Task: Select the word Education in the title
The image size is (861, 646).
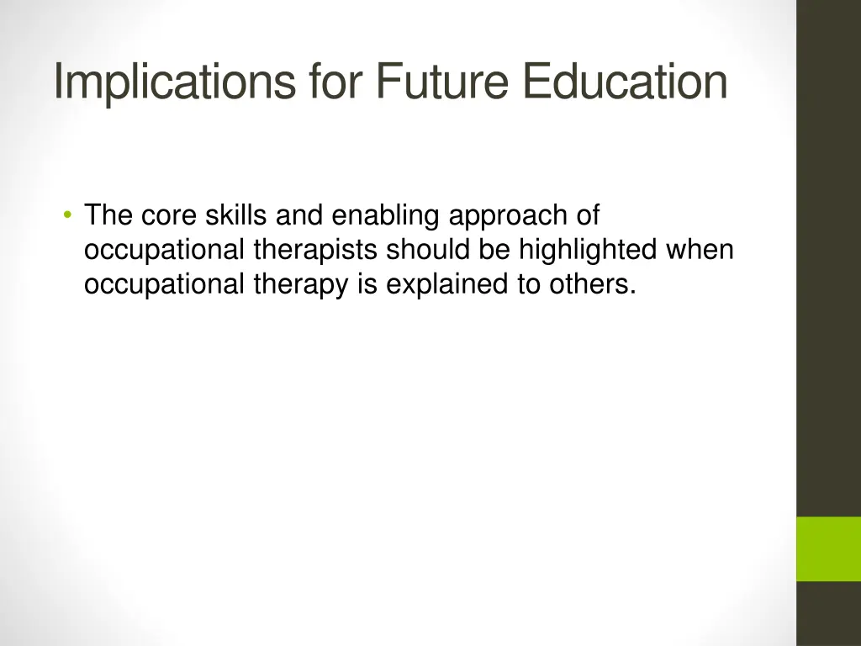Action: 623,82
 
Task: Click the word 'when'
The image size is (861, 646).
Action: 703,251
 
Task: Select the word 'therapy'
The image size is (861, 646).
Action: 302,285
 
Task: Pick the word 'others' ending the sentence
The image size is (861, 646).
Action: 591,285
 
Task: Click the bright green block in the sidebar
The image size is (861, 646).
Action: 828,548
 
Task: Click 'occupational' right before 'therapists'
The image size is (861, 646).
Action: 165,251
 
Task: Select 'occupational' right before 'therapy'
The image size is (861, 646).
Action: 165,285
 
